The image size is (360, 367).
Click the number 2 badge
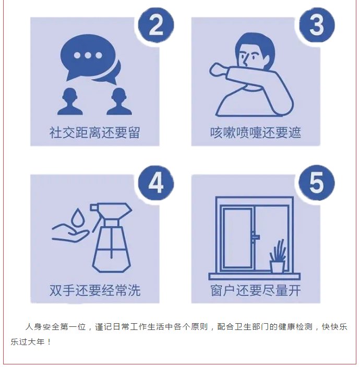156,25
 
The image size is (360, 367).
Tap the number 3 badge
317,25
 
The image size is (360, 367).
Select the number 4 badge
156,183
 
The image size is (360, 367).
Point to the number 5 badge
317,183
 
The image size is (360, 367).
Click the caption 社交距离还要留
94,133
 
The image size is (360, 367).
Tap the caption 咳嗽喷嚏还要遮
256,133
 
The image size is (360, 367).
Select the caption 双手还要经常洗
94,290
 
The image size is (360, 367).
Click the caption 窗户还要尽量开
256,290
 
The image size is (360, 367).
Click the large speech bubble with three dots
88,56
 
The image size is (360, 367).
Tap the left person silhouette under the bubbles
70,102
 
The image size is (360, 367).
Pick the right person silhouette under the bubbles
119,102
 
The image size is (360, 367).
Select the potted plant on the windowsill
278,256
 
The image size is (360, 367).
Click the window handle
255,237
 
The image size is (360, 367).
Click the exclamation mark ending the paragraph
49,342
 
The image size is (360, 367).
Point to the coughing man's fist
217,70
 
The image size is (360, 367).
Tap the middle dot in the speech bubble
88,55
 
